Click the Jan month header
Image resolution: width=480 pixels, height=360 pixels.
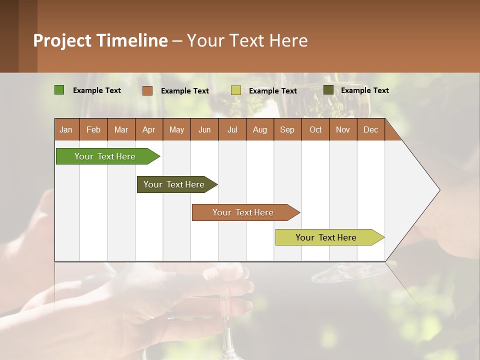[x=66, y=129]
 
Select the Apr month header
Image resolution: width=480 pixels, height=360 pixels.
[x=149, y=129]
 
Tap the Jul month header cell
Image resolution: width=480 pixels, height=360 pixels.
[x=232, y=129]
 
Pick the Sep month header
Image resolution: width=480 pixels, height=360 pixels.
[x=287, y=129]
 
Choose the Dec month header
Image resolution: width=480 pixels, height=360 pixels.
[x=370, y=129]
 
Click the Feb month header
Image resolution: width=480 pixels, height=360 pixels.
[x=93, y=129]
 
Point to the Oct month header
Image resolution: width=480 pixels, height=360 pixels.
[x=315, y=129]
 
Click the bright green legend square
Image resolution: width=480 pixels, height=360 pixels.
[x=59, y=90]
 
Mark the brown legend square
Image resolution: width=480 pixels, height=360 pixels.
[x=147, y=90]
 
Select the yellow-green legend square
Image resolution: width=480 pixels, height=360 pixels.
[x=236, y=90]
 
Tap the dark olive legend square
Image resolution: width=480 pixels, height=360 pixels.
[x=328, y=90]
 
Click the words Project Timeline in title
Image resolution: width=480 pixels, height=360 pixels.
[x=100, y=40]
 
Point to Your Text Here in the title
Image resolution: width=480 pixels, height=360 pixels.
[x=247, y=40]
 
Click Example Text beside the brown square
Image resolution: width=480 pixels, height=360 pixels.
[x=185, y=91]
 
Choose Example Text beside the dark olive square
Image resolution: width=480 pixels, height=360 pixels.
[x=365, y=90]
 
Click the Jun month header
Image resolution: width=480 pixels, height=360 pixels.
[x=204, y=129]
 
